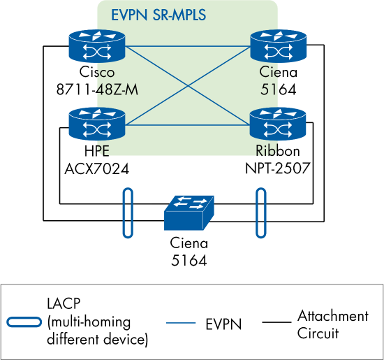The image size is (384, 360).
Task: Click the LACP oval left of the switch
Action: click(128, 213)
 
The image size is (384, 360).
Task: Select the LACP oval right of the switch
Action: click(260, 213)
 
